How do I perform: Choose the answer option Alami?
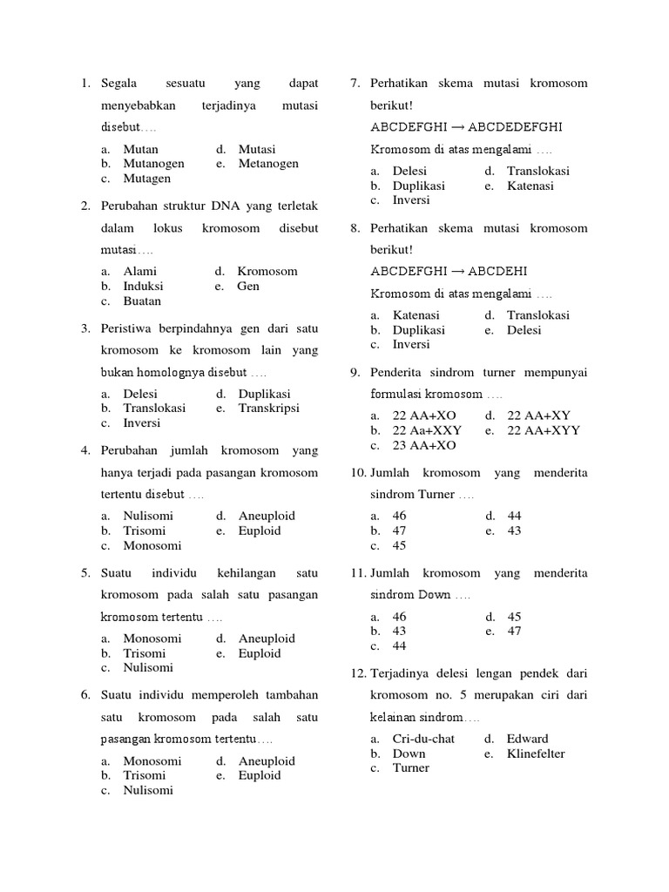click(x=139, y=271)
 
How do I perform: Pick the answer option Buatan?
click(x=142, y=301)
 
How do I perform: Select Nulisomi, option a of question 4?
click(x=148, y=516)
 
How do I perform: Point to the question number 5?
click(x=85, y=573)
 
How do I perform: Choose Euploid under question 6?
click(x=260, y=775)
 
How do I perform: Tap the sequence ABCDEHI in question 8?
click(x=497, y=271)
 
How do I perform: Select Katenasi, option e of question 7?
click(x=530, y=186)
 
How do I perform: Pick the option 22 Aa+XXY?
click(x=427, y=430)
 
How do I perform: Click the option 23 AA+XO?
click(x=424, y=445)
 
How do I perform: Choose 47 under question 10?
click(x=400, y=530)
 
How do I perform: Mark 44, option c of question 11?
click(x=400, y=646)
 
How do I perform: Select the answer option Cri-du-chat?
click(x=423, y=739)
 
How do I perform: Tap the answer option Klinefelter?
click(x=536, y=753)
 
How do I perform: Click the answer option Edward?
click(x=528, y=739)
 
